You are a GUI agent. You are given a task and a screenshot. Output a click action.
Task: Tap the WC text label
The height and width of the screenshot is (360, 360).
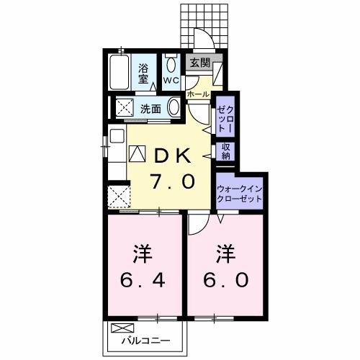(x=171, y=80)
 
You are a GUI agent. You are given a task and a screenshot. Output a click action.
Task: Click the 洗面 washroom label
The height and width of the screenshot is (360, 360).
(x=150, y=109)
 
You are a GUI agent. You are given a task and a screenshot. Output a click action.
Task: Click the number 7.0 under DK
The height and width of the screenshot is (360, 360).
(x=171, y=181)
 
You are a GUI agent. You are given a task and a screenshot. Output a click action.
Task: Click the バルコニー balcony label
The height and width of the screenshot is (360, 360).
(x=150, y=338)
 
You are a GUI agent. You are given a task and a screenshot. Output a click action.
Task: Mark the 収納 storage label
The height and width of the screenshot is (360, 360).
(x=225, y=150)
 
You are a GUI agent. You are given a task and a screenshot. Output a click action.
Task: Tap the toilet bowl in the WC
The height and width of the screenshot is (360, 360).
(x=171, y=65)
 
